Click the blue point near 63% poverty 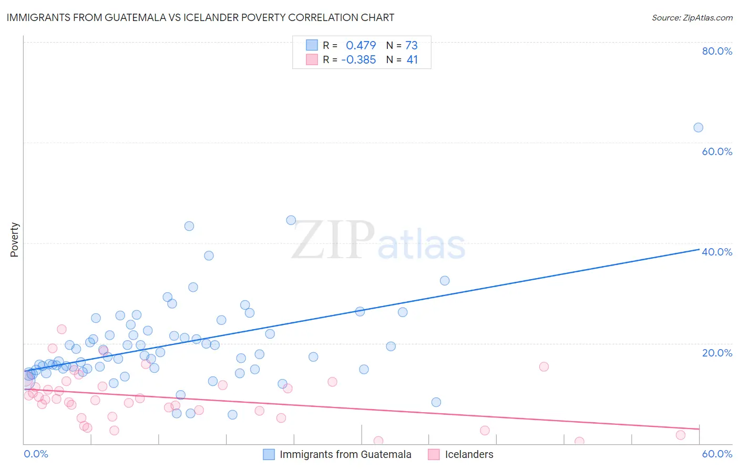tap(698, 127)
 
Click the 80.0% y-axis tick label tap(717, 51)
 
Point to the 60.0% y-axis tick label tap(717, 151)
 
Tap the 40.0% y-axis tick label tap(717, 252)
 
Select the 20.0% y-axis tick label tap(717, 353)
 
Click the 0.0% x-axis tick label tap(36, 454)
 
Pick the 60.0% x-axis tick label tap(717, 454)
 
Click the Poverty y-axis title tap(14, 240)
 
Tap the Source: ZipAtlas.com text tap(692, 17)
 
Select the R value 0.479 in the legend tap(361, 45)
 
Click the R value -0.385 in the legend tap(358, 59)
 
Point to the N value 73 tap(411, 45)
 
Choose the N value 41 tap(412, 59)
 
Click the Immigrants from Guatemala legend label tap(345, 454)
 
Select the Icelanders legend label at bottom tap(469, 454)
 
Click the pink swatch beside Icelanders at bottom tap(434, 454)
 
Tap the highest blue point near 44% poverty tap(291, 220)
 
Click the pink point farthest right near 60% tap(681, 435)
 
